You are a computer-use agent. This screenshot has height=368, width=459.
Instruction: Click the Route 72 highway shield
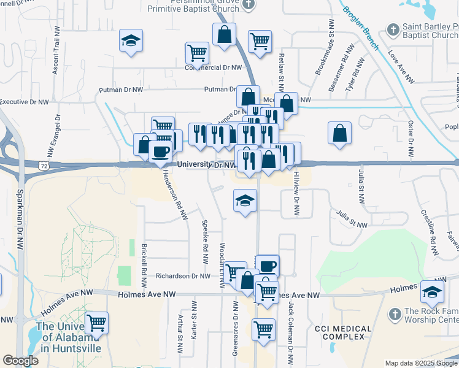click(42, 166)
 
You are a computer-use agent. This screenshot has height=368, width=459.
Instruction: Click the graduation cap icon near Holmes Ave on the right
click(432, 291)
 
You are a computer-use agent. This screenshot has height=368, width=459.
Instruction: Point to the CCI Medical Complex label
click(343, 333)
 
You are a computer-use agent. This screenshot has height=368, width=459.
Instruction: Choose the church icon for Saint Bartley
click(393, 29)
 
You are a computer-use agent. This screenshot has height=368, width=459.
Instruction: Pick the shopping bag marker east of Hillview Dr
click(339, 132)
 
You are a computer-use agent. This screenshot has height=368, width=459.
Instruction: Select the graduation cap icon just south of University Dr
click(245, 200)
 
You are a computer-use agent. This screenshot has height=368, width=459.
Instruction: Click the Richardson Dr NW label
click(183, 276)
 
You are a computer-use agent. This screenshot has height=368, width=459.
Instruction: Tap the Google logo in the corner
click(21, 360)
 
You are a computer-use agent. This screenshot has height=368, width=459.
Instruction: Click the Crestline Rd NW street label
click(429, 233)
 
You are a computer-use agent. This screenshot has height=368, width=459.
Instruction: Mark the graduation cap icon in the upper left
click(131, 40)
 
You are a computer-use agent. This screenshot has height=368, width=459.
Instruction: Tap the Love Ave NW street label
click(401, 67)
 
